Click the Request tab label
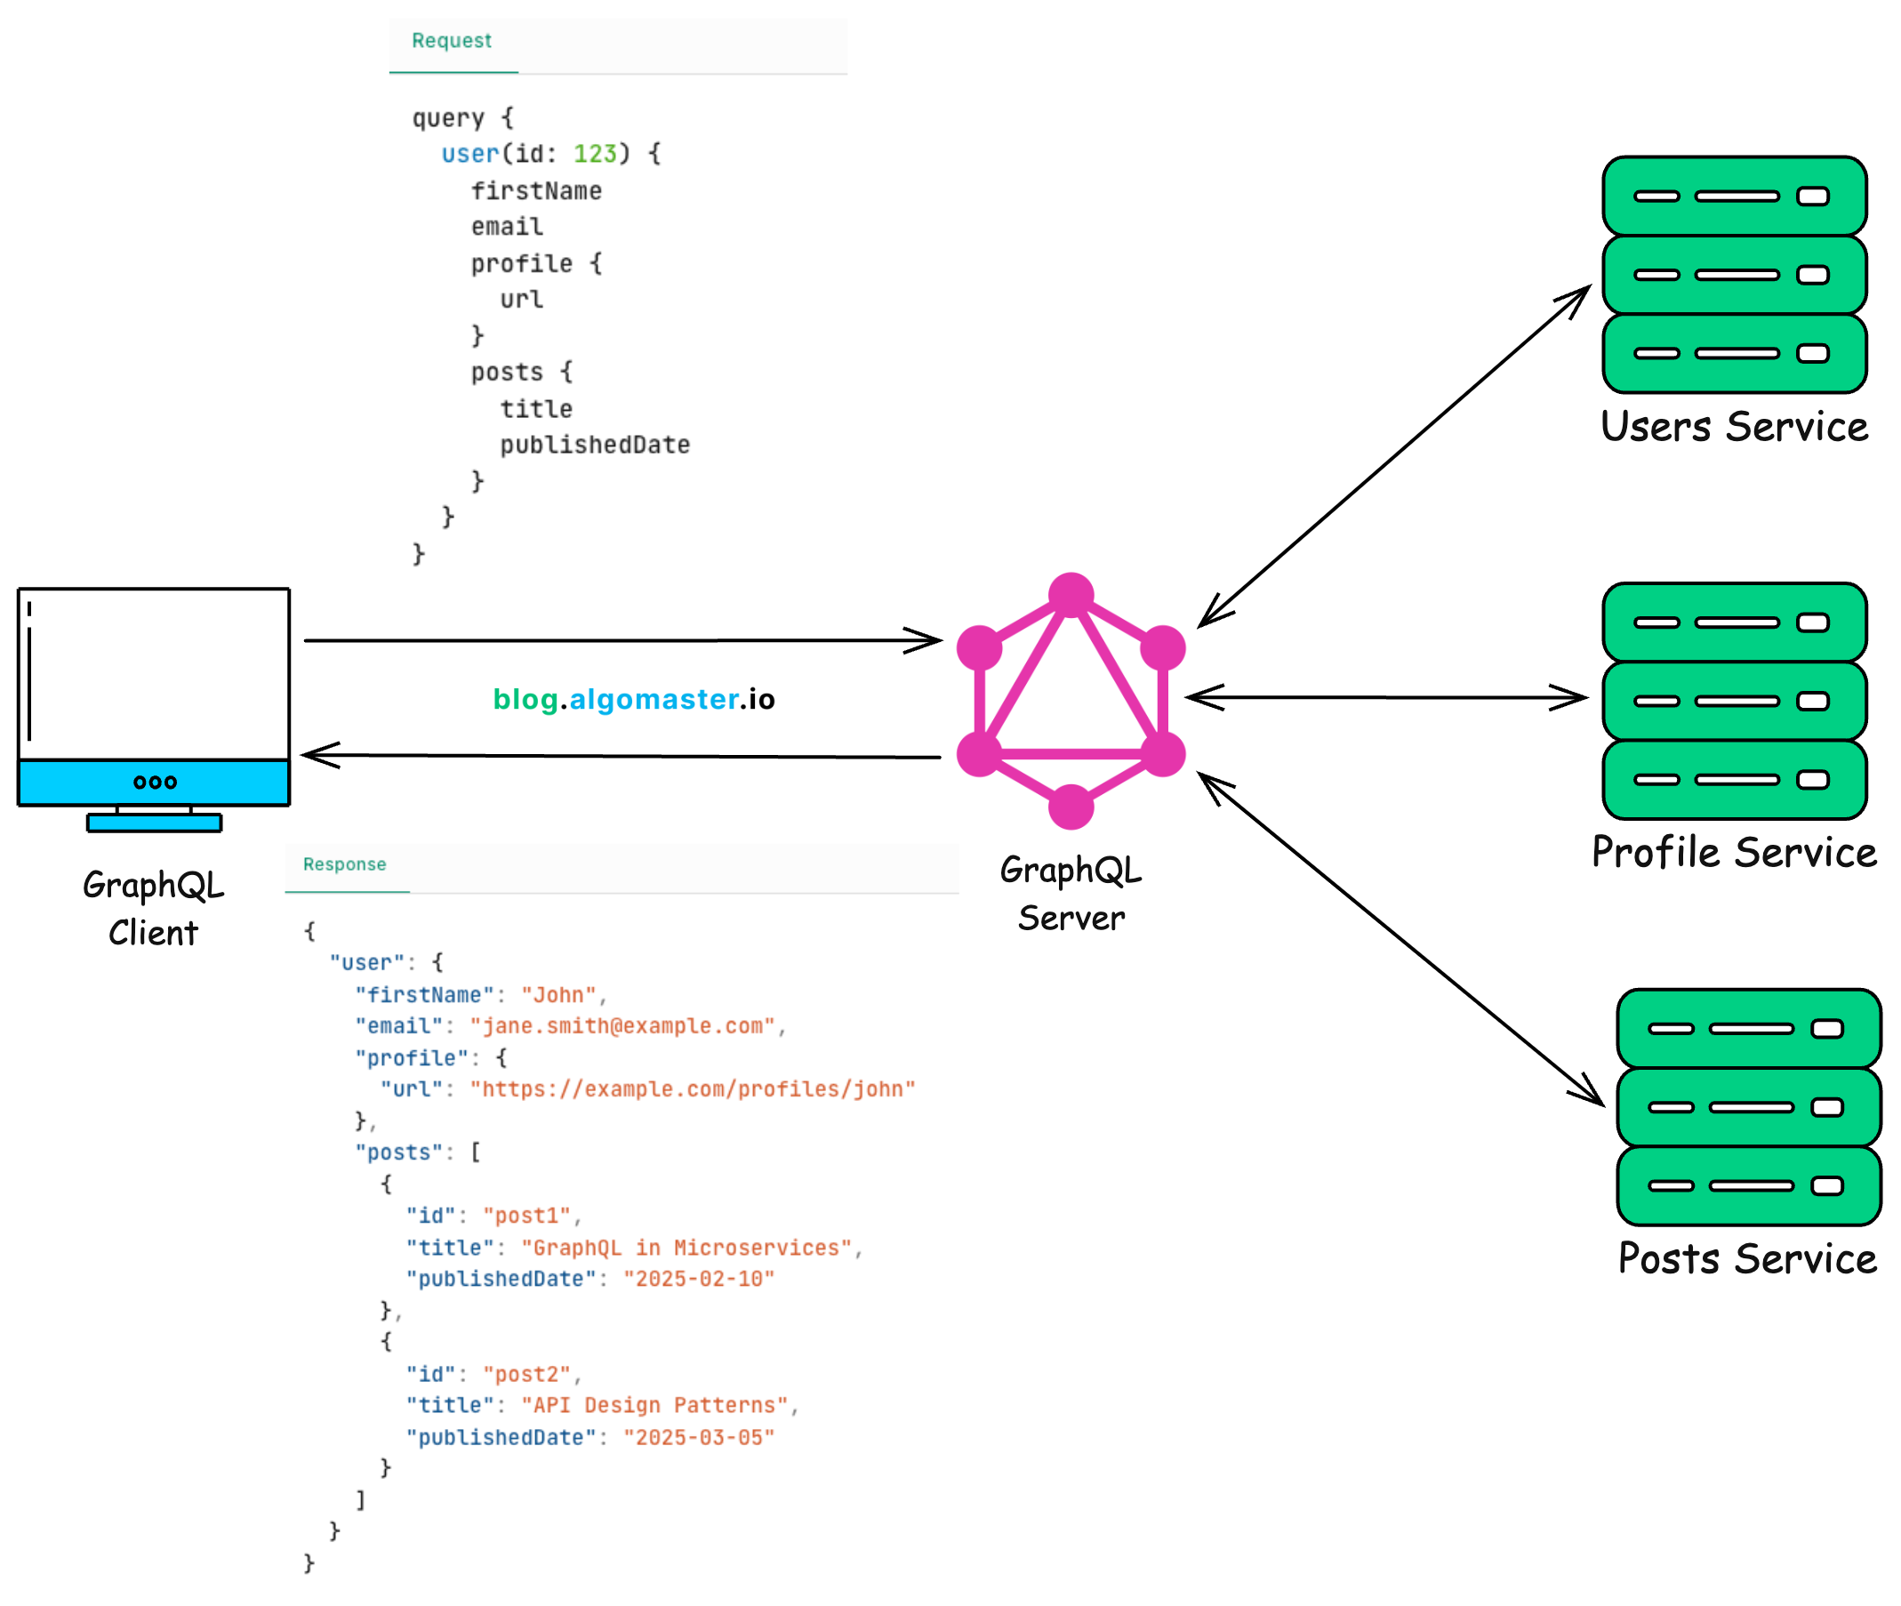tap(451, 41)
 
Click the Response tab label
tap(344, 864)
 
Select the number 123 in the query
tap(595, 154)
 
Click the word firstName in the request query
tap(536, 191)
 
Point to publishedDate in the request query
tap(595, 446)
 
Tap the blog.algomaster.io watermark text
tap(634, 699)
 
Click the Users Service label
tap(1734, 427)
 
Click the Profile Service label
tap(1734, 853)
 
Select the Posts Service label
tap(1746, 1259)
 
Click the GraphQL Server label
tap(1071, 894)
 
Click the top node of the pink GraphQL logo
tap(1071, 595)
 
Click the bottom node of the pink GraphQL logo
tap(1071, 807)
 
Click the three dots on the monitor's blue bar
tap(155, 782)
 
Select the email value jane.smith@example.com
tap(622, 1026)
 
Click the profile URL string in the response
tap(692, 1090)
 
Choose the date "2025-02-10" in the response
tap(698, 1279)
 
